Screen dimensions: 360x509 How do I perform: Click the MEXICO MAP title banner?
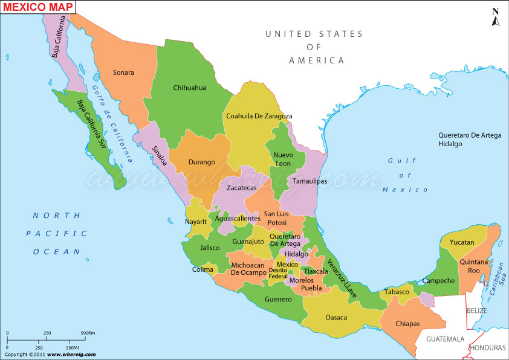pos(38,7)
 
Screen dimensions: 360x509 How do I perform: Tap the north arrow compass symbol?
pos(496,18)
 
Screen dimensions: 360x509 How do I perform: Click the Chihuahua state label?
pos(189,88)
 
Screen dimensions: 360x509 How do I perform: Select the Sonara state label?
pos(123,72)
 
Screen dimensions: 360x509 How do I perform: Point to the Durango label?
pos(201,162)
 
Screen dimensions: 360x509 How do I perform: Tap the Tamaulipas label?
pos(310,181)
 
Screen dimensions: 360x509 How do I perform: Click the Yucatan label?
pos(462,242)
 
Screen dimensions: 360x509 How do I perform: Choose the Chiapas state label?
pos(407,324)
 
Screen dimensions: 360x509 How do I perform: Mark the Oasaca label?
pos(336,317)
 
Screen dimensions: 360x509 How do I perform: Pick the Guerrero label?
pos(278,299)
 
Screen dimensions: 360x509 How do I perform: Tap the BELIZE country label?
pos(476,310)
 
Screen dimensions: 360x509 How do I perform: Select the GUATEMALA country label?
pos(445,339)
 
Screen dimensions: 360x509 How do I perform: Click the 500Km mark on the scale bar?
pos(88,333)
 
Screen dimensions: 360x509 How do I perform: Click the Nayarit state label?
pos(196,222)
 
